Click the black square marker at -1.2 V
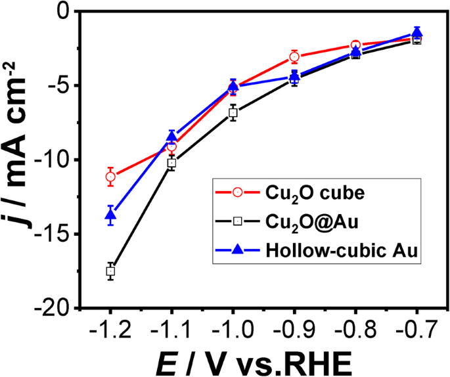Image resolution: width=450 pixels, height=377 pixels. coord(110,271)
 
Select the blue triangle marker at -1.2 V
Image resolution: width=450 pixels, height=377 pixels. coord(110,214)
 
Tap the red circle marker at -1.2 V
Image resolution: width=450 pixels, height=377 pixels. coord(110,176)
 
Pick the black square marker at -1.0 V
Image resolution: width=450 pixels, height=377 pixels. coord(233,113)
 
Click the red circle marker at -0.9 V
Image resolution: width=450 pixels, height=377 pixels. coord(294,56)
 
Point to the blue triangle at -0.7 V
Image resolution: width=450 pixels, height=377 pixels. coord(416,32)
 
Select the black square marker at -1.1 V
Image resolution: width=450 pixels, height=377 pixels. coord(171,162)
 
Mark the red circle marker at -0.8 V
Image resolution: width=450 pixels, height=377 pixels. coord(355,45)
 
